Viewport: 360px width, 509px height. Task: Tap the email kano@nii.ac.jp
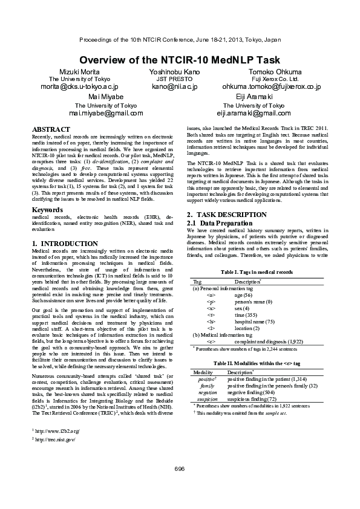[x=174, y=86]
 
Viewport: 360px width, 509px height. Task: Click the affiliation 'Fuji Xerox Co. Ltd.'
[x=275, y=79]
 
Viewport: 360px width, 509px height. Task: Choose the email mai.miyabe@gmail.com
[x=106, y=112]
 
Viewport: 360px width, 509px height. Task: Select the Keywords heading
[x=47, y=210]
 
